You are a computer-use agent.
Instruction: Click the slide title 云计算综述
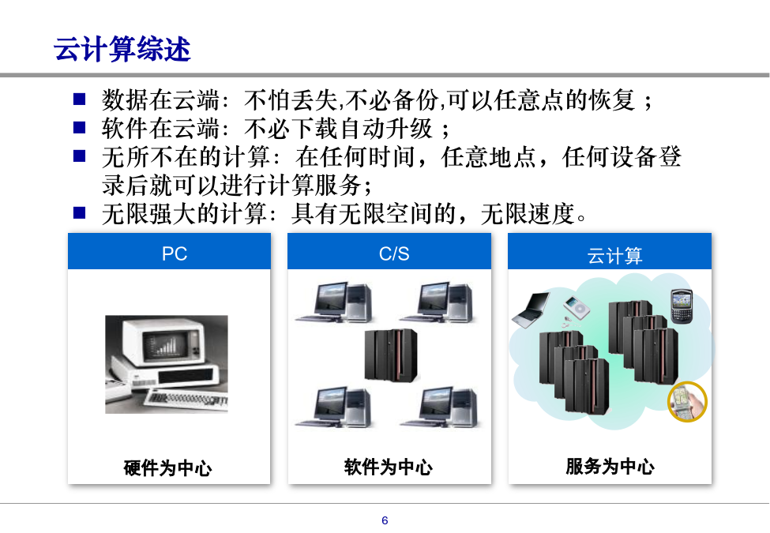pyautogui.click(x=122, y=49)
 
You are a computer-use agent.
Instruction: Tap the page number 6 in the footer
pyautogui.click(x=385, y=520)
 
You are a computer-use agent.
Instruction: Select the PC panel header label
pyautogui.click(x=175, y=253)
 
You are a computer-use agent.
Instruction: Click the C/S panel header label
pyautogui.click(x=394, y=253)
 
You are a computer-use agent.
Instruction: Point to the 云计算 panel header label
pyautogui.click(x=614, y=256)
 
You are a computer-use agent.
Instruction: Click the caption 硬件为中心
pyautogui.click(x=168, y=467)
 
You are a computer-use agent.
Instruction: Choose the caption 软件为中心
pyautogui.click(x=388, y=467)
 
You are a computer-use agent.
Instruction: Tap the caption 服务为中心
pyautogui.click(x=610, y=466)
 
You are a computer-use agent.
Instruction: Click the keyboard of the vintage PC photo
pyautogui.click(x=186, y=397)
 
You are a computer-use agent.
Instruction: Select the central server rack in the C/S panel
pyautogui.click(x=391, y=355)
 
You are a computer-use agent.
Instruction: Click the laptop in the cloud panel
pyautogui.click(x=531, y=310)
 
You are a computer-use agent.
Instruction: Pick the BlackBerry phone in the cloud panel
pyautogui.click(x=682, y=306)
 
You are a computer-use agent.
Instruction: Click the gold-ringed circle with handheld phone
pyautogui.click(x=687, y=401)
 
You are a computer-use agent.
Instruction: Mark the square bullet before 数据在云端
pyautogui.click(x=79, y=99)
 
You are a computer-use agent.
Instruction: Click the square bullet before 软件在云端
pyautogui.click(x=79, y=128)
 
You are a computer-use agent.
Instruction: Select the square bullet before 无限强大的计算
pyautogui.click(x=79, y=212)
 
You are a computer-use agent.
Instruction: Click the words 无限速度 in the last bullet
pyautogui.click(x=528, y=214)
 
